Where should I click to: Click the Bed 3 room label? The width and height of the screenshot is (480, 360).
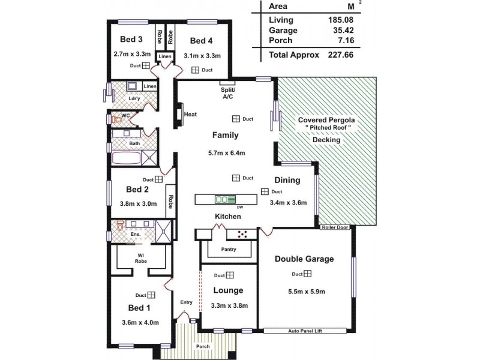pyautogui.click(x=131, y=40)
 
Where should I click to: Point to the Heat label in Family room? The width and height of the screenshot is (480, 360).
pyautogui.click(x=191, y=115)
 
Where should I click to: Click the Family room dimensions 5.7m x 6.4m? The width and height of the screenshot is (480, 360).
pyautogui.click(x=227, y=152)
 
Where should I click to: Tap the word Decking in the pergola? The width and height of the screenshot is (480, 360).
pyautogui.click(x=326, y=140)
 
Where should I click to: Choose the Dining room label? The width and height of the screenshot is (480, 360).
pyautogui.click(x=287, y=180)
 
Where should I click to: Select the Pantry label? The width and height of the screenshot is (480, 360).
pyautogui.click(x=229, y=249)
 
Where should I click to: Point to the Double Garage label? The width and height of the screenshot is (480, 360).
pyautogui.click(x=304, y=259)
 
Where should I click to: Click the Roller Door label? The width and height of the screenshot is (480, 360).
pyautogui.click(x=335, y=227)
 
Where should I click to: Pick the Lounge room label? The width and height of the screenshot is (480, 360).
pyautogui.click(x=228, y=290)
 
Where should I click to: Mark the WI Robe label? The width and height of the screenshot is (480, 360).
pyautogui.click(x=142, y=259)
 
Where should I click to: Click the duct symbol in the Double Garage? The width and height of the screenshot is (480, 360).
pyautogui.click(x=307, y=274)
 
